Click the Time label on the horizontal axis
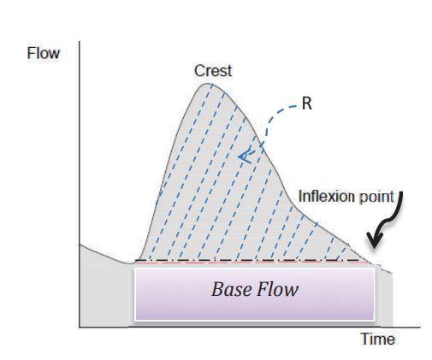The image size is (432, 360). coord(376,339)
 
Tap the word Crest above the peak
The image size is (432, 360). coord(212,72)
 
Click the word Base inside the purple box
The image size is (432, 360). coord(229,290)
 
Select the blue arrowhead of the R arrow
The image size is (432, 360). coord(244,155)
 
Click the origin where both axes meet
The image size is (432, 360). coord(80,326)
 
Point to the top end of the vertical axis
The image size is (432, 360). coord(80,40)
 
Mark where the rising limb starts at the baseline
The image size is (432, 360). coord(137,261)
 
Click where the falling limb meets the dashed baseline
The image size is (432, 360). coord(374,261)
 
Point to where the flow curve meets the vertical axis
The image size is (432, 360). coord(80,245)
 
